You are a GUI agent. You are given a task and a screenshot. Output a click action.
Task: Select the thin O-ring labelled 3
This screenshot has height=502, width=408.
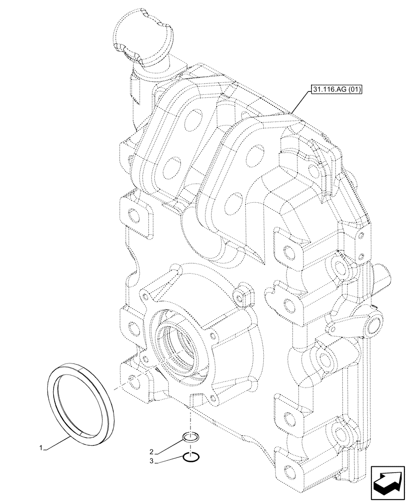tap(191, 457)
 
